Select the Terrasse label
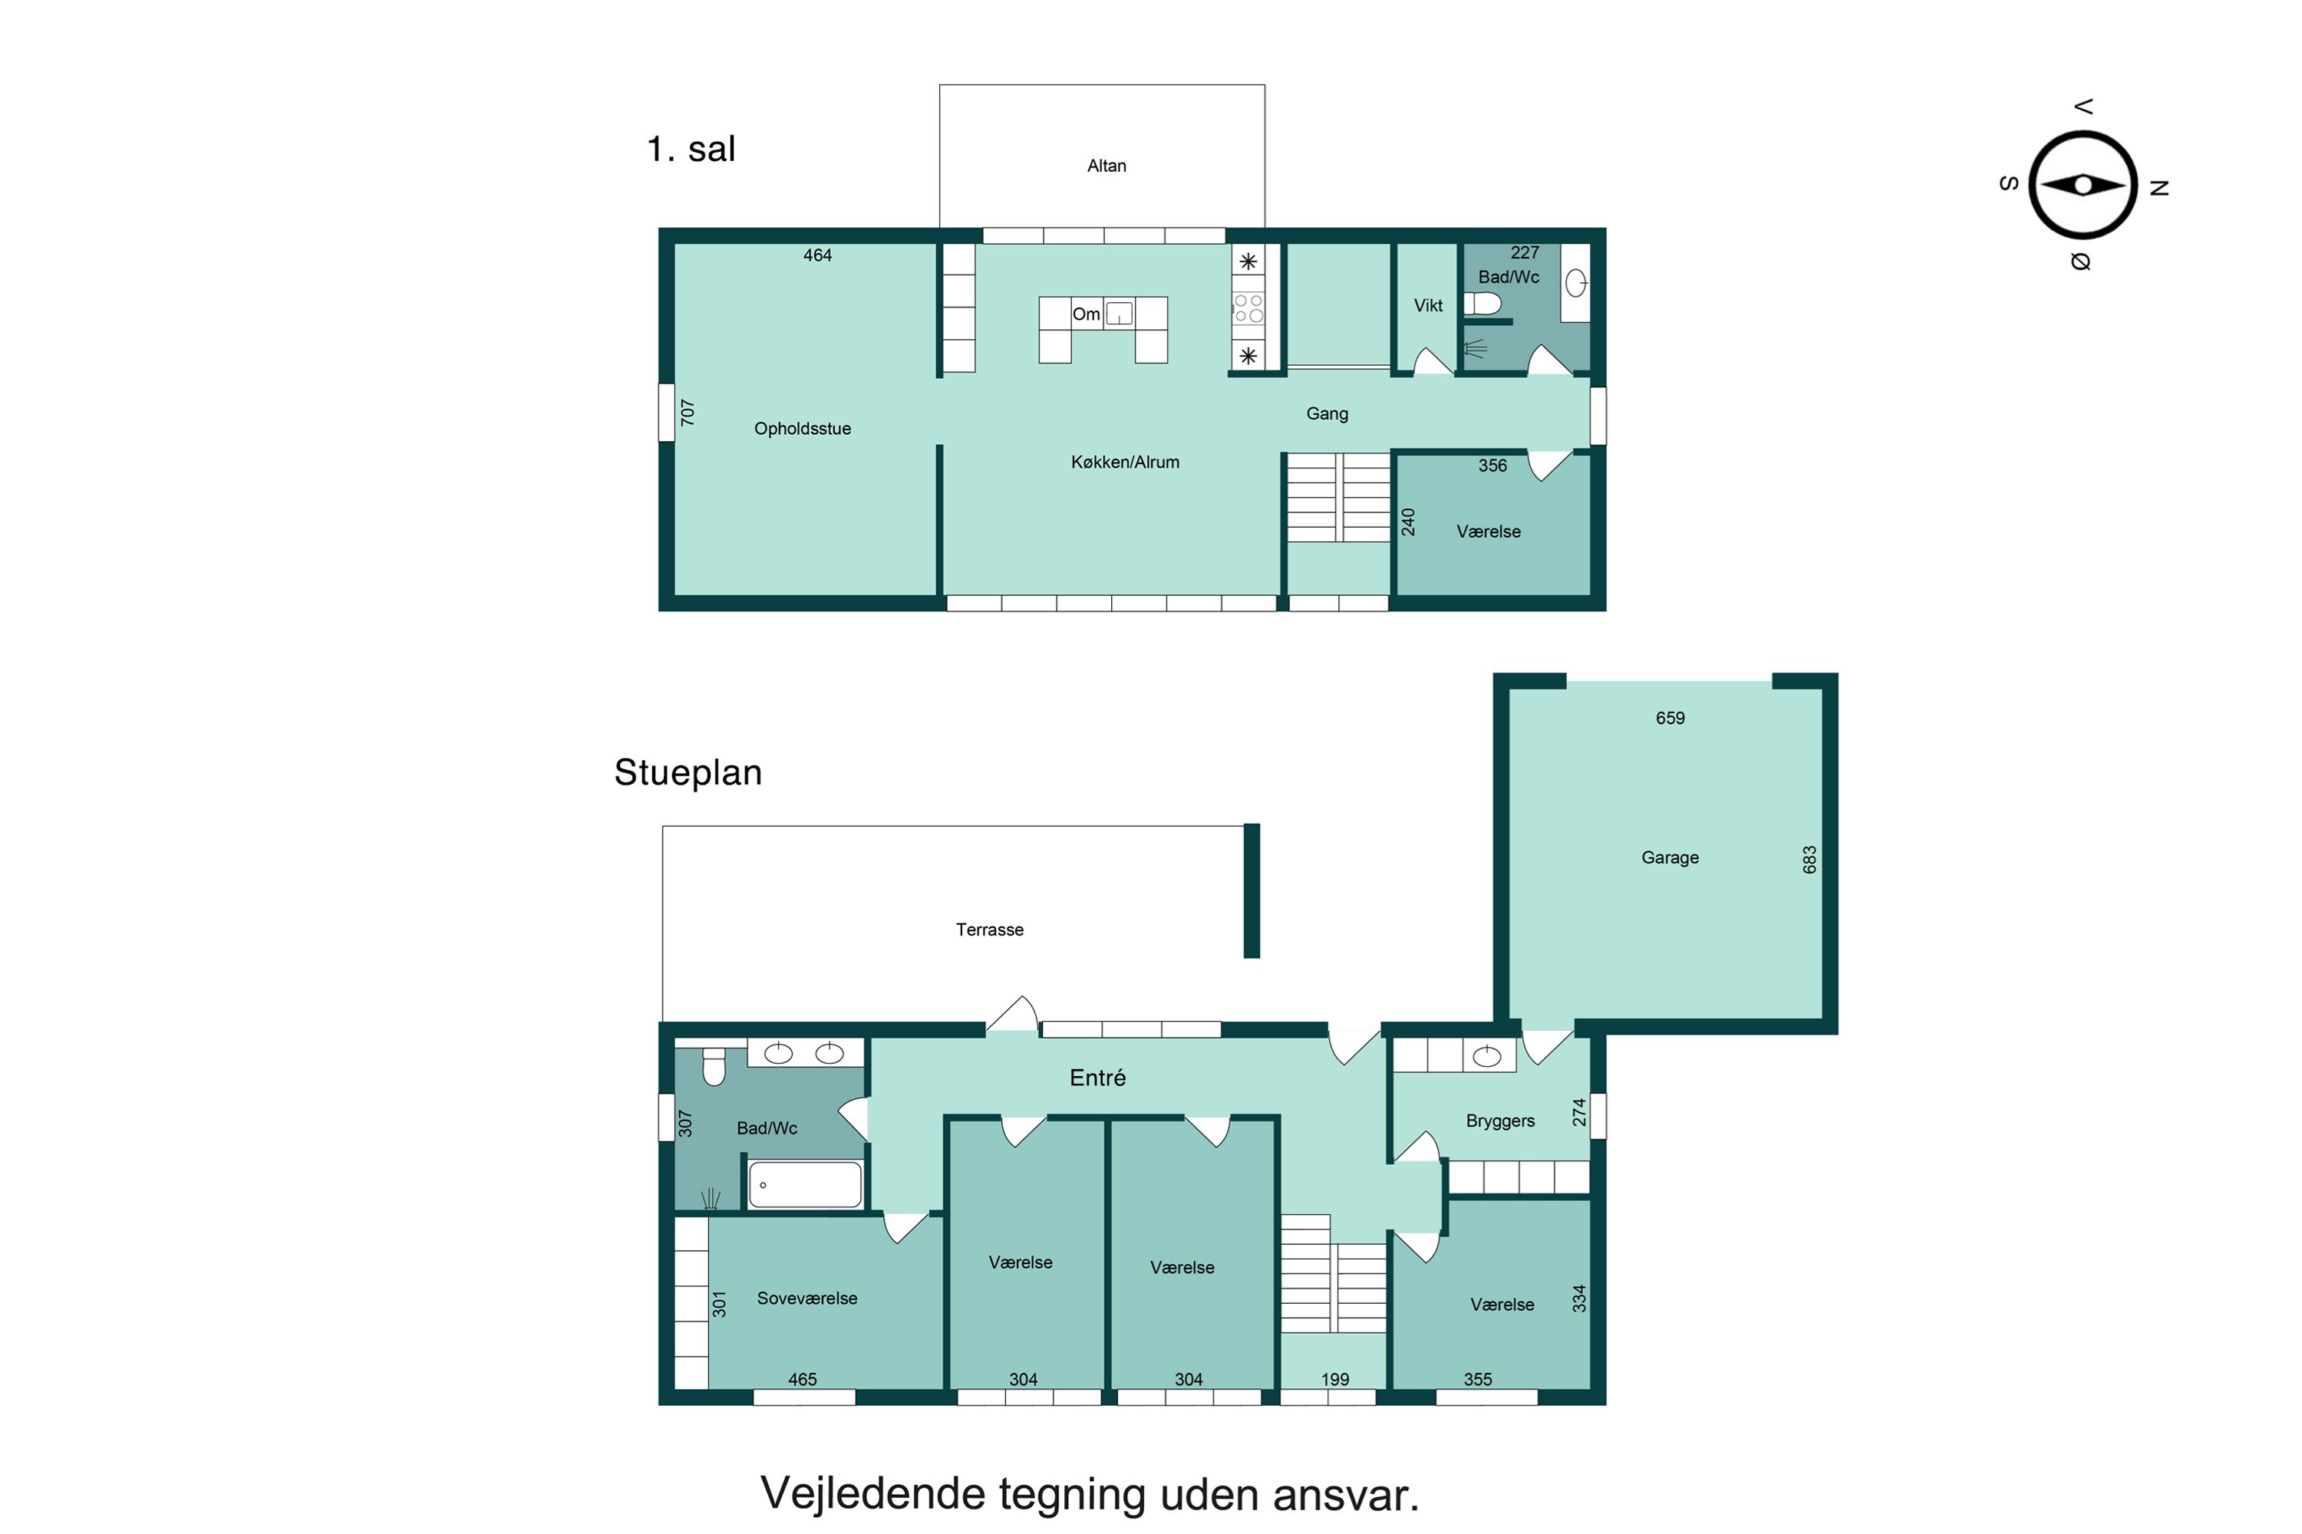pyautogui.click(x=990, y=930)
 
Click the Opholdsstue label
pyautogui.click(x=803, y=429)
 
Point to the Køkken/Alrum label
pyautogui.click(x=1125, y=462)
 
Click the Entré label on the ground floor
pyautogui.click(x=1097, y=1077)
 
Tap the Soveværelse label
pyautogui.click(x=806, y=1299)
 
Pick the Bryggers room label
pyautogui.click(x=1499, y=1121)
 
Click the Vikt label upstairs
pyautogui.click(x=1428, y=305)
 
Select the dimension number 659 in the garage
pyautogui.click(x=1670, y=718)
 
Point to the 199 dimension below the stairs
pyautogui.click(x=1335, y=1379)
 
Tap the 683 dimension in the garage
pyautogui.click(x=1809, y=860)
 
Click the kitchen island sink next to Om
pyautogui.click(x=1119, y=314)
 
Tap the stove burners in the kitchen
pyautogui.click(x=1248, y=308)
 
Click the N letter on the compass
pyautogui.click(x=2159, y=188)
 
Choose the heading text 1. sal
pyautogui.click(x=691, y=149)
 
